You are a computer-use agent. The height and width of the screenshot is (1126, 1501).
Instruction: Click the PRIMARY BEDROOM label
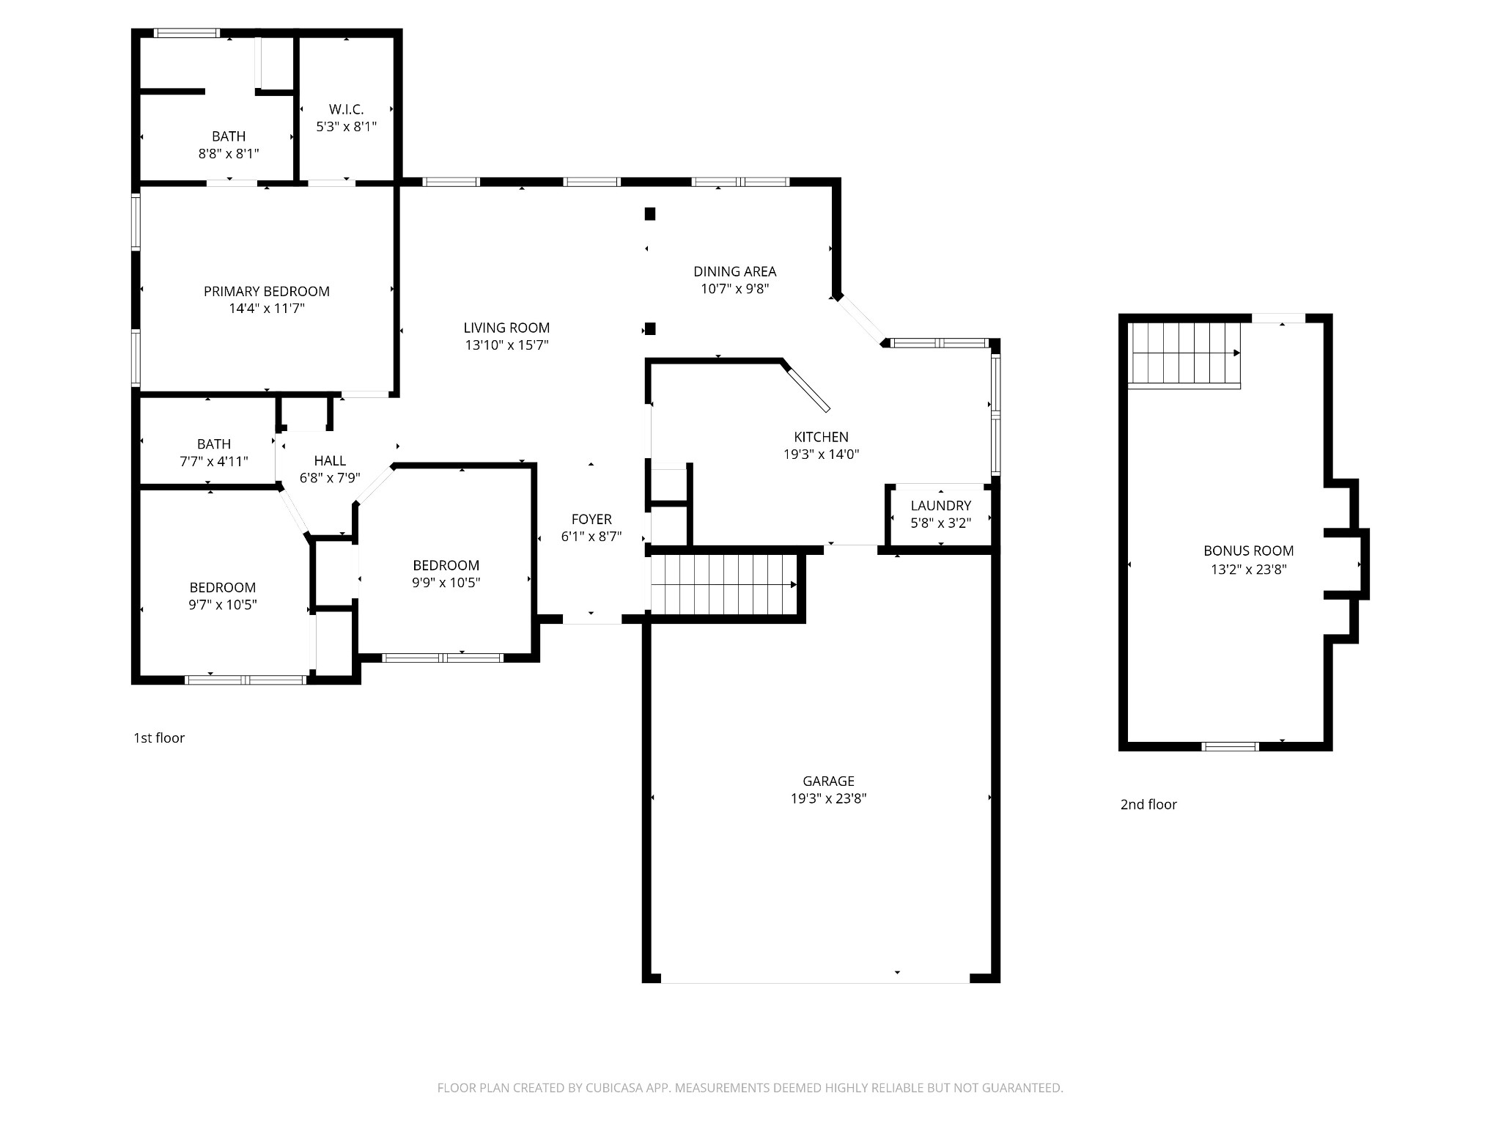267,291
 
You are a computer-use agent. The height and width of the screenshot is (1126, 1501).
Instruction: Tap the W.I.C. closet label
346,109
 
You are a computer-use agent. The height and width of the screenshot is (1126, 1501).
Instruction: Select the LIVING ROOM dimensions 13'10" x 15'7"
506,345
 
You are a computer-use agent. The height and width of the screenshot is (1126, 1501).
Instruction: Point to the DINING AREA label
735,271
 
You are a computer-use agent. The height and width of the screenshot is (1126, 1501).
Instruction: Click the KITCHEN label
821,437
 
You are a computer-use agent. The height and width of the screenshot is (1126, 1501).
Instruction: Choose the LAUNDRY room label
941,505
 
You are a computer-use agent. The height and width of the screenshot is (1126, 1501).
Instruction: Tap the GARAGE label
828,781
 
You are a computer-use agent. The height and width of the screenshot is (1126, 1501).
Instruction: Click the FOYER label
591,519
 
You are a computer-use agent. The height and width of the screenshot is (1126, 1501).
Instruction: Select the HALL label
330,460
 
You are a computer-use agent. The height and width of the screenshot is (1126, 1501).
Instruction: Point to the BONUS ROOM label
1249,551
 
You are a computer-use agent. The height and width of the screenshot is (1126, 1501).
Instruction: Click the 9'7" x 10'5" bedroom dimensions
223,605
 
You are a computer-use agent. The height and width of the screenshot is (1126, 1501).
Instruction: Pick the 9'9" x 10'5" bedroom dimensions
446,583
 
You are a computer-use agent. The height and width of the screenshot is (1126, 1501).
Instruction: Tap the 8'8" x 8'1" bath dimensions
229,154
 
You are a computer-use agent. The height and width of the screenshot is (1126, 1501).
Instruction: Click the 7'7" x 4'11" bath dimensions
214,462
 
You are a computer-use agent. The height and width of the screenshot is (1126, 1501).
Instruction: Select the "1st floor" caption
159,737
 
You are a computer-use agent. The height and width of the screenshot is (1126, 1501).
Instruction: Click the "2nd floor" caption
1148,804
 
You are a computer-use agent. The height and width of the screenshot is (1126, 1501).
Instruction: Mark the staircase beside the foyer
723,584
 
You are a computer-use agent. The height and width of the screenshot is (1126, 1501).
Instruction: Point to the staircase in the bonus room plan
1184,354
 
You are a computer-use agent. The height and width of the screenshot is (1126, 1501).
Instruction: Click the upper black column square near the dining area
649,214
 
